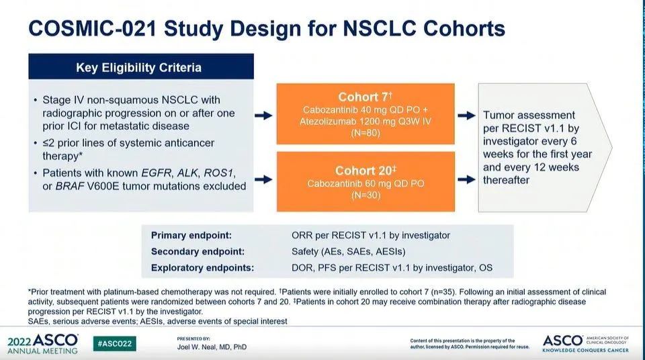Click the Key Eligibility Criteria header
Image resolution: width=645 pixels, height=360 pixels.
pyautogui.click(x=138, y=67)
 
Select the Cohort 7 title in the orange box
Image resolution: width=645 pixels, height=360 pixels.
pyautogui.click(x=365, y=97)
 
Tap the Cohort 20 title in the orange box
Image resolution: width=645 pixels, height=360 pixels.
pyautogui.click(x=365, y=171)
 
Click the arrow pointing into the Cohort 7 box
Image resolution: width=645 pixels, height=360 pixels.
pyautogui.click(x=263, y=116)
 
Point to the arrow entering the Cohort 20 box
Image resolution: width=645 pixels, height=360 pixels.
pyautogui.click(x=263, y=179)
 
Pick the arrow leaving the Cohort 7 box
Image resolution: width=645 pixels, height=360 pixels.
pyautogui.click(x=466, y=116)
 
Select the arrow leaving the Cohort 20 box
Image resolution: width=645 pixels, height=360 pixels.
pyautogui.click(x=466, y=179)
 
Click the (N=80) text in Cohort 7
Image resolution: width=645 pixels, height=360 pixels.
pyautogui.click(x=365, y=133)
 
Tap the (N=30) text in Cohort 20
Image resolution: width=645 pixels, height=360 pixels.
pyautogui.click(x=365, y=195)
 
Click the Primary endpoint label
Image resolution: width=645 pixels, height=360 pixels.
pyautogui.click(x=191, y=235)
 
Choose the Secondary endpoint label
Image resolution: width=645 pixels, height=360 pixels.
pyautogui.click(x=198, y=251)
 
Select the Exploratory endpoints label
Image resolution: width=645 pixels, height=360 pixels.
pyautogui.click(x=202, y=268)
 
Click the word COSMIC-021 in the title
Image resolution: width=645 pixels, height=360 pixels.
pyautogui.click(x=93, y=29)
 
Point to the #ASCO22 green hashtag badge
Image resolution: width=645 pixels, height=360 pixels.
pyautogui.click(x=115, y=343)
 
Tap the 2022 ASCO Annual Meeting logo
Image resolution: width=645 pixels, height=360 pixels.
pyautogui.click(x=43, y=343)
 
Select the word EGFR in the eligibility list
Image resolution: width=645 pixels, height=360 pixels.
pyautogui.click(x=156, y=173)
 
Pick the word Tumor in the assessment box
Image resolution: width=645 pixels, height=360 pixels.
pyautogui.click(x=499, y=116)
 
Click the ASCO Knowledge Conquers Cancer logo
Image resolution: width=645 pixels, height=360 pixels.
pyautogui.click(x=585, y=343)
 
